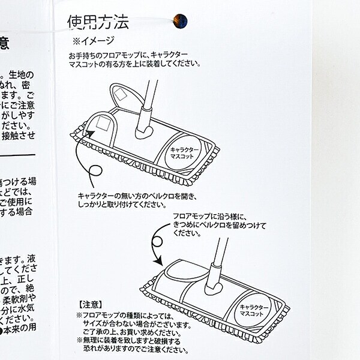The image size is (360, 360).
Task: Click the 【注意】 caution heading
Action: point(90,304)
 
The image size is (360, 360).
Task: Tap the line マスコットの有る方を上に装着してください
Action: point(134,62)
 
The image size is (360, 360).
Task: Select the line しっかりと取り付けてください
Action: point(113,204)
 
